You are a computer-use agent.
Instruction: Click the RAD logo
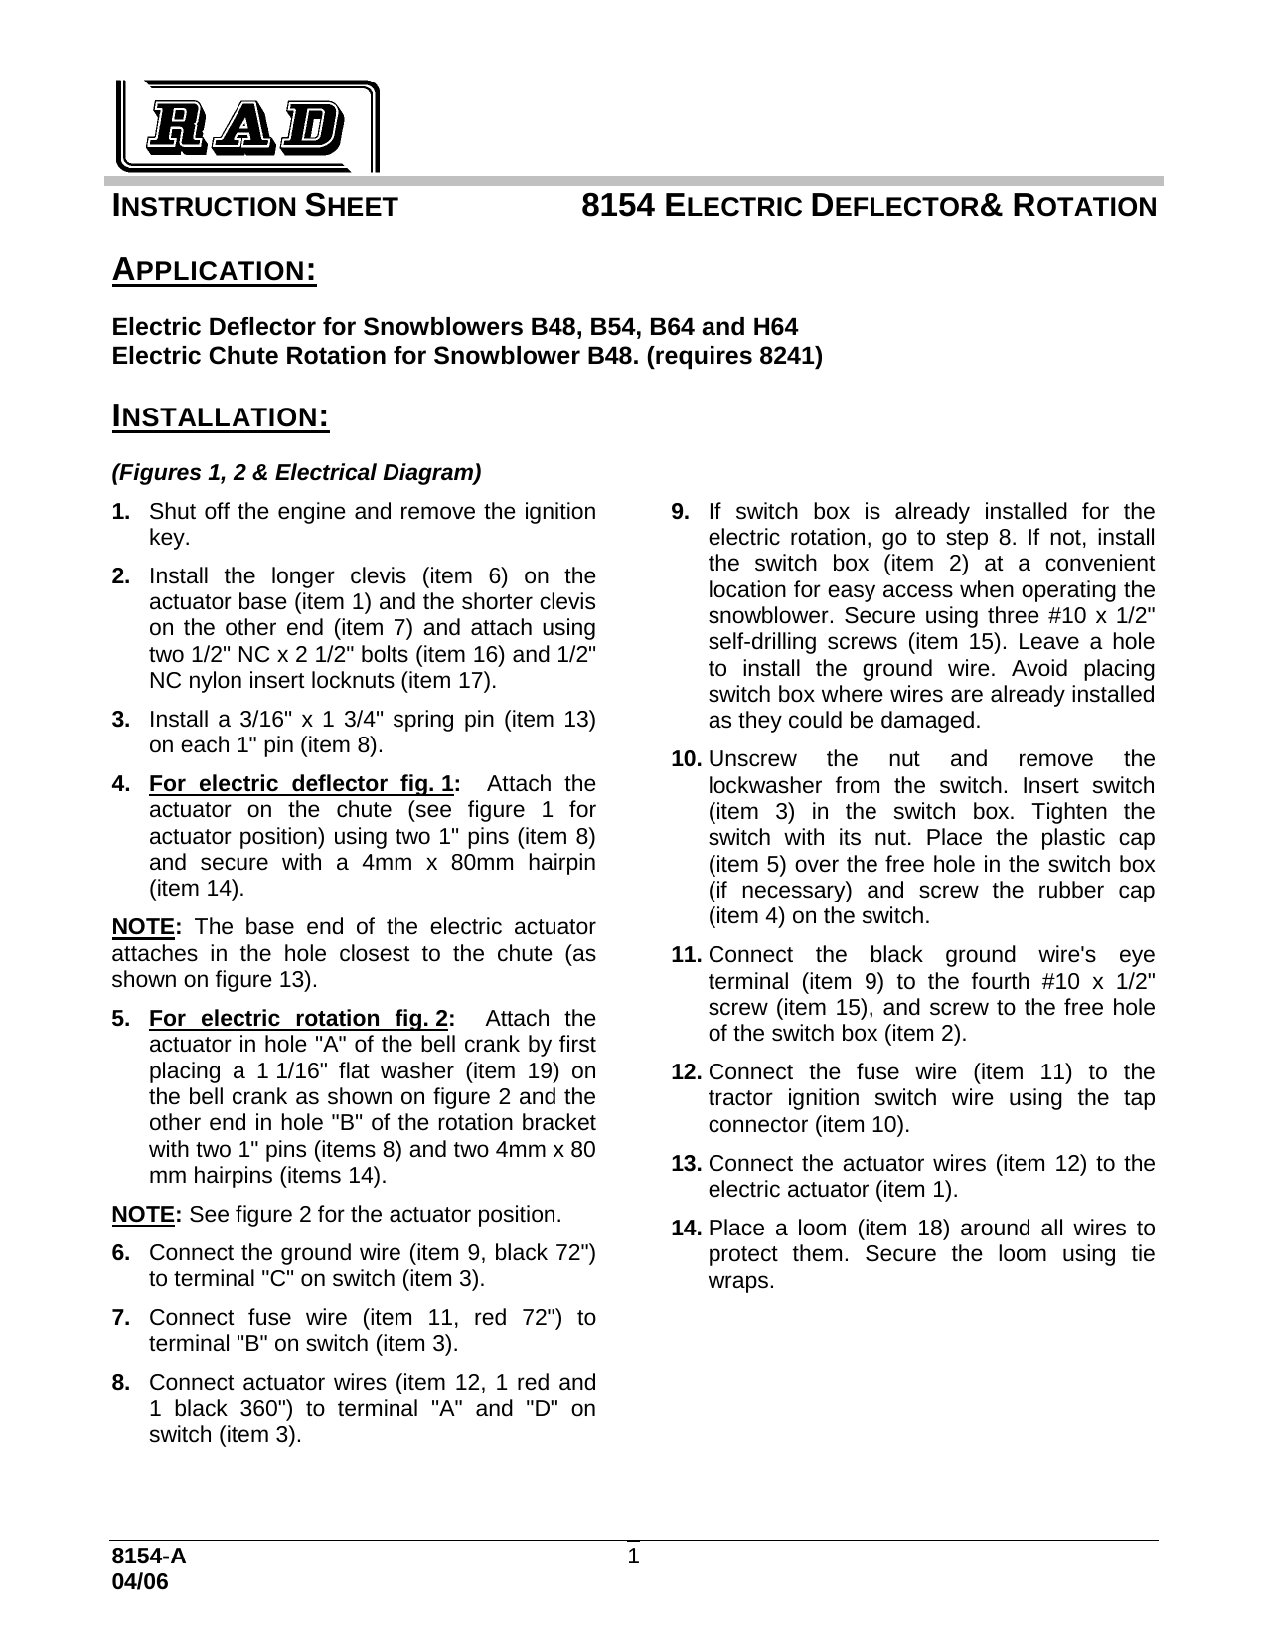pos(245,125)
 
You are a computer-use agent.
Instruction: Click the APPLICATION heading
pos(214,269)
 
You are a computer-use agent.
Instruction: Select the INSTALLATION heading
pos(220,414)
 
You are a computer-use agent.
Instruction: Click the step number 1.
pos(120,512)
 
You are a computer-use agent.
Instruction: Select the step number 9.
pos(680,512)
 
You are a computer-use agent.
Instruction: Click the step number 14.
pos(689,1229)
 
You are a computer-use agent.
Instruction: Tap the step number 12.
pos(689,1072)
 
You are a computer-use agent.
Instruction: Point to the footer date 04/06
pos(140,1582)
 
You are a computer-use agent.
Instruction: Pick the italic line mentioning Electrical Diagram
pos(296,472)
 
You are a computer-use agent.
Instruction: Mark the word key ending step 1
pos(167,538)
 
